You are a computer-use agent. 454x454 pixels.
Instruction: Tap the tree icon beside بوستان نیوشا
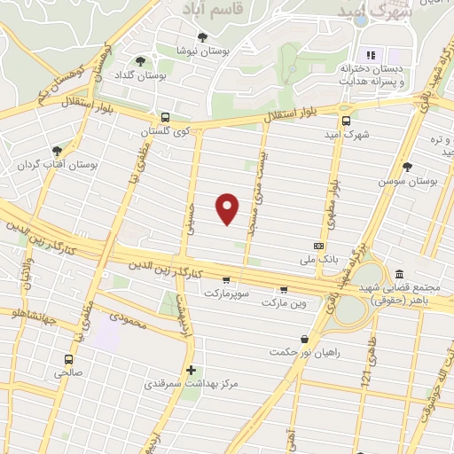(x=202, y=37)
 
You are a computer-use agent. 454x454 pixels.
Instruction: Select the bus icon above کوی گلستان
(x=165, y=117)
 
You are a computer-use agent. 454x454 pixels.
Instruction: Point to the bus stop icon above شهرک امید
(x=346, y=121)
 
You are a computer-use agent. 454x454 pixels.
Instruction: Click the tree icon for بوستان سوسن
(x=407, y=167)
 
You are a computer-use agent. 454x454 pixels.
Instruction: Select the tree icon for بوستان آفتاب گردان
(x=58, y=151)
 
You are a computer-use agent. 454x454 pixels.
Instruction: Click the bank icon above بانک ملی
(x=318, y=246)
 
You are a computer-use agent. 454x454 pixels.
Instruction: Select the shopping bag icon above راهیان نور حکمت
(x=305, y=338)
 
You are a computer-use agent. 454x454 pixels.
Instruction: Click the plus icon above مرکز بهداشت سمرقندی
(x=191, y=370)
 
